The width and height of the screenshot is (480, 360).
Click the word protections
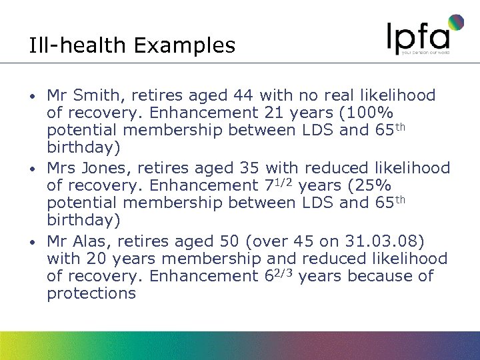tap(91, 293)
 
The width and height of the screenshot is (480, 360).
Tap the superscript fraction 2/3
tap(285, 271)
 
